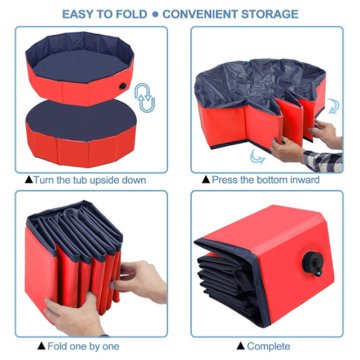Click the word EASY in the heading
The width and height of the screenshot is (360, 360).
(82, 15)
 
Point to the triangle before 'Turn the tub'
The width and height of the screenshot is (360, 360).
(26, 179)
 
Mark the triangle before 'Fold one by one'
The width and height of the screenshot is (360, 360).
(42, 347)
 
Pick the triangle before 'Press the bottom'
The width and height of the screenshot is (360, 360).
(206, 179)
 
